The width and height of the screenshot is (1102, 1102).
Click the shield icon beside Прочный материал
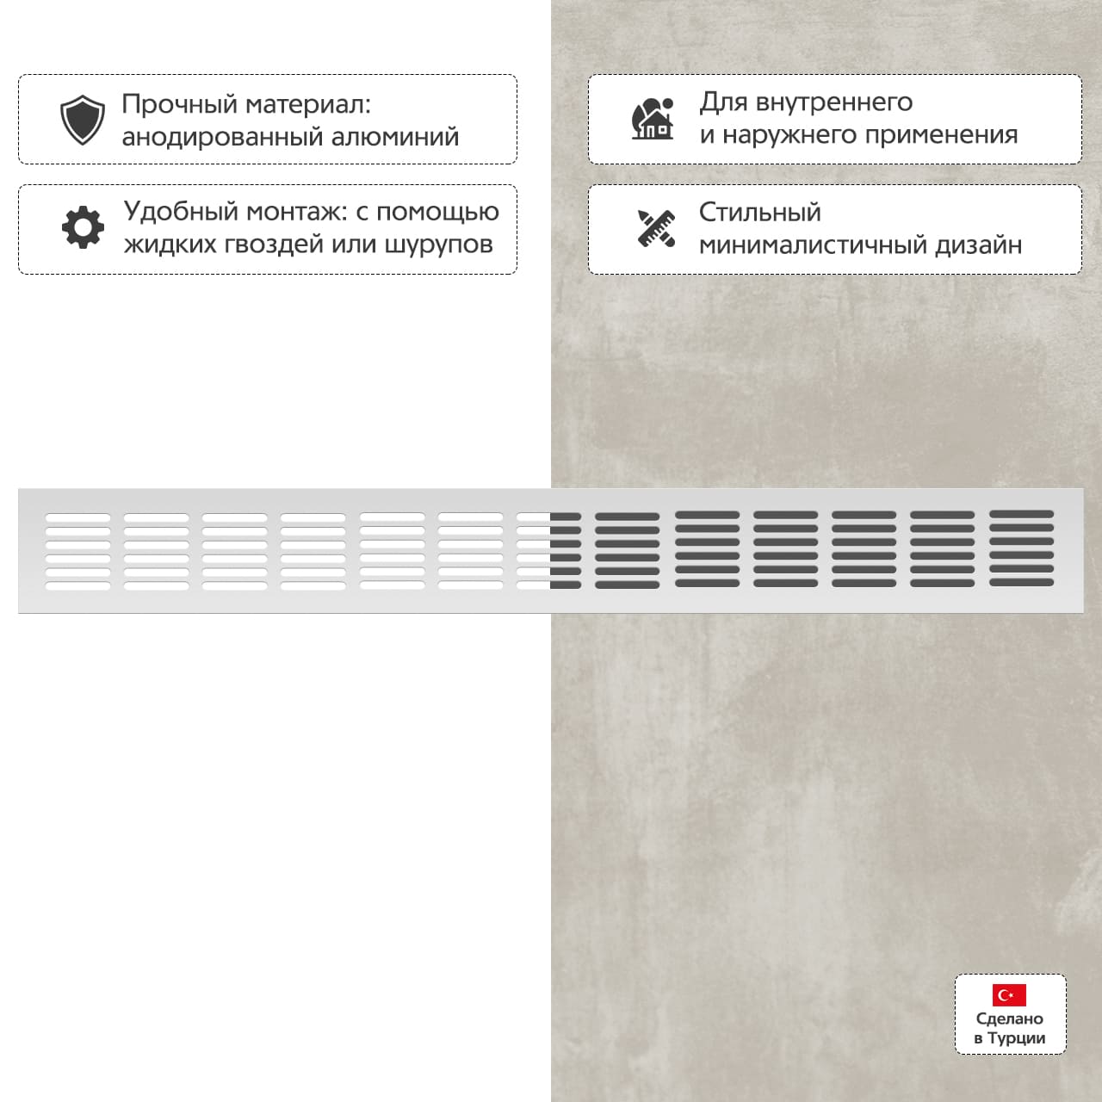pos(83,120)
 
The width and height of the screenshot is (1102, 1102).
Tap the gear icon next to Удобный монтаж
pos(83,227)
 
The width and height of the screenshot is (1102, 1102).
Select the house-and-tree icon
pos(653,119)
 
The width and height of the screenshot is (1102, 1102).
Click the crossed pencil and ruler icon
pos(656,227)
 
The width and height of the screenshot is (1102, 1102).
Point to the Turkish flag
pos(1009,995)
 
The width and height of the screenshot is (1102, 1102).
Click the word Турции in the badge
pos(1017,1038)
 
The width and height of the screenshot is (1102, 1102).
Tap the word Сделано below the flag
pos(1010,1018)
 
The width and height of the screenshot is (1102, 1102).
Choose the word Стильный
pos(759,212)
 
